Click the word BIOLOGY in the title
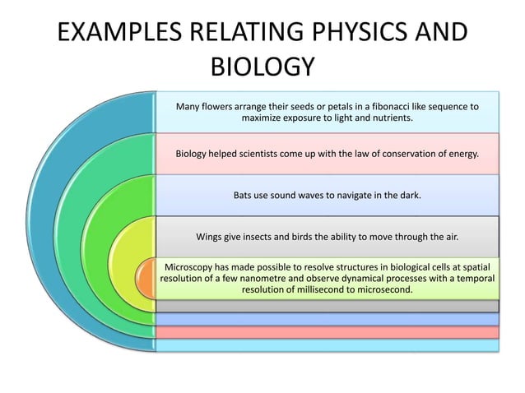pos(262,67)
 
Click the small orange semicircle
pos(146,279)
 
